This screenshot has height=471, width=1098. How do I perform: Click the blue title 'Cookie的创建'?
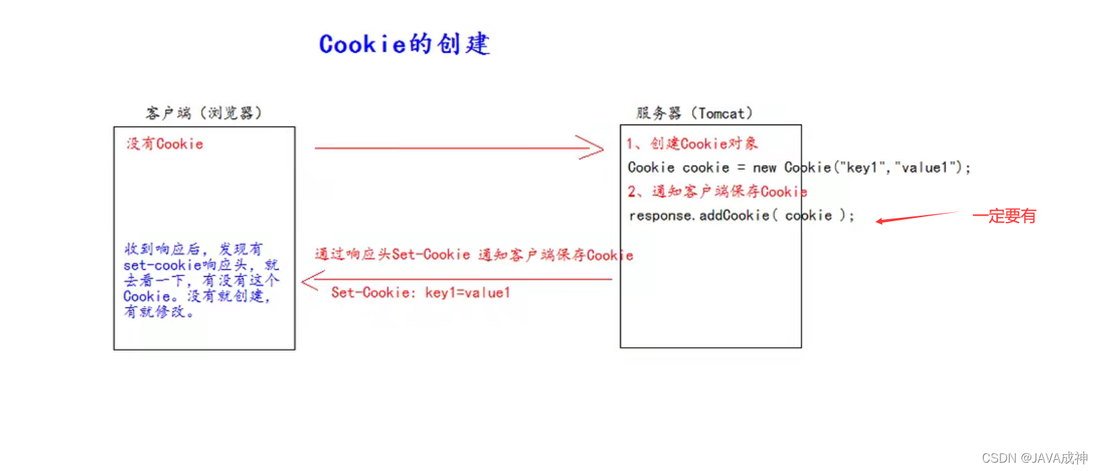click(404, 44)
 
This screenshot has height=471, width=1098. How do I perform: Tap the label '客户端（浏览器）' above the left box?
click(204, 113)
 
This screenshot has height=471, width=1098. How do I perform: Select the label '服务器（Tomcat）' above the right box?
click(694, 113)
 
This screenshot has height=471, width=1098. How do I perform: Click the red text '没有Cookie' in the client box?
click(165, 144)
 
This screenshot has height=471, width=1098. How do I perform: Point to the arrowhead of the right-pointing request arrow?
click(595, 147)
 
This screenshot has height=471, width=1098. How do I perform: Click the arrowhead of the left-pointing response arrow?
click(310, 280)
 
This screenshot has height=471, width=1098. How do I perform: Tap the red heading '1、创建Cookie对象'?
click(692, 144)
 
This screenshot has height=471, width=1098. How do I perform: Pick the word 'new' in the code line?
click(764, 168)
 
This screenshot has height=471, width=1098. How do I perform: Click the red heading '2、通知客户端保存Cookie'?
click(717, 191)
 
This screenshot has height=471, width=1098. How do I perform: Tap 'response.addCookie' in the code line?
click(699, 216)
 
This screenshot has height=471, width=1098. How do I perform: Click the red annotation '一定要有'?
click(1004, 216)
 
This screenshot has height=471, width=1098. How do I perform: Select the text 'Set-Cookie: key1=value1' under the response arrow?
click(421, 293)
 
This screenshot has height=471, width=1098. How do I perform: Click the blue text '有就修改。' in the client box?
click(159, 312)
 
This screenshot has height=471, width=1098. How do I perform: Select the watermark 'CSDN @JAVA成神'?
click(1035, 458)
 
